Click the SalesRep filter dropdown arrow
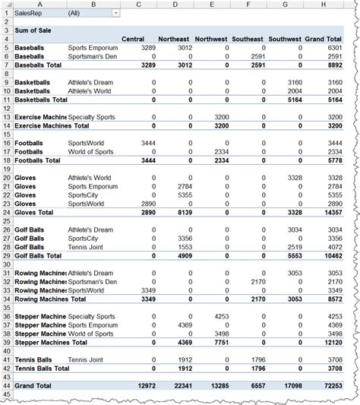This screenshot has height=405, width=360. click(x=115, y=14)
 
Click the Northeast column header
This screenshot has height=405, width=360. click(x=174, y=39)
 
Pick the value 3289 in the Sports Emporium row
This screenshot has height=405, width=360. click(x=142, y=48)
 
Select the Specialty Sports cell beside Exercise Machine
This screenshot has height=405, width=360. click(x=93, y=117)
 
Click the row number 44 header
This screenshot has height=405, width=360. click(x=6, y=387)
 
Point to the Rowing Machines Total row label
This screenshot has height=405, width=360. click(x=49, y=299)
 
